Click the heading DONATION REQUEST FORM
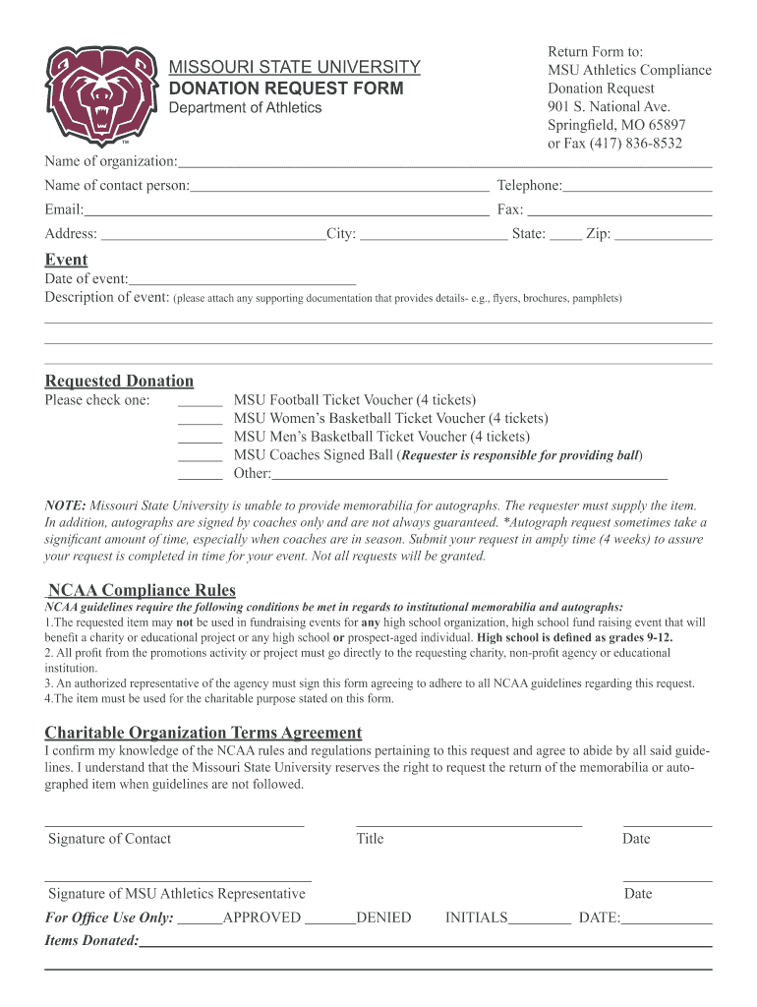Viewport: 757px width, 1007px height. pyautogui.click(x=286, y=89)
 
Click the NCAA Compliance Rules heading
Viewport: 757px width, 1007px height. pyautogui.click(x=142, y=590)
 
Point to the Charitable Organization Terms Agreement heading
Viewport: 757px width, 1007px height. pyautogui.click(x=204, y=733)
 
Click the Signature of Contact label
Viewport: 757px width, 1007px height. pyautogui.click(x=109, y=839)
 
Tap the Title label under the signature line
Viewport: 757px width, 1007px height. pyautogui.click(x=370, y=839)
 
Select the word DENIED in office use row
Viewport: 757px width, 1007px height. pyautogui.click(x=383, y=918)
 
